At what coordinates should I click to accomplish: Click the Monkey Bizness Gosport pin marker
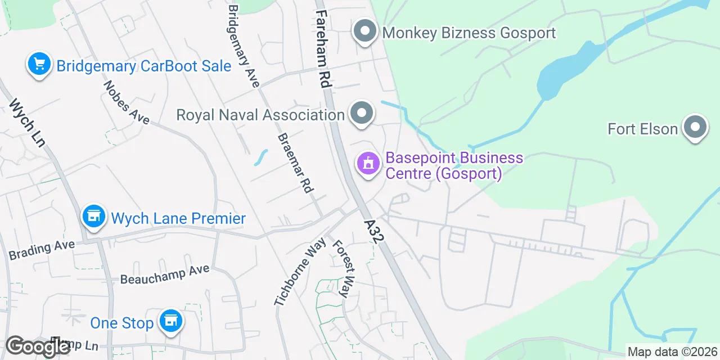(x=365, y=31)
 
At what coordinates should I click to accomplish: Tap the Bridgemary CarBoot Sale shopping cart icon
(x=39, y=64)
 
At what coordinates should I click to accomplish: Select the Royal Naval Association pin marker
(x=362, y=114)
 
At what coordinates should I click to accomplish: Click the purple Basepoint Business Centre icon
(x=368, y=164)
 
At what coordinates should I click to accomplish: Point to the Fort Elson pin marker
(x=695, y=128)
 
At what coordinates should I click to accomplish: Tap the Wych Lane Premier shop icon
(x=93, y=217)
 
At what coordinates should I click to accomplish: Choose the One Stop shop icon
(x=170, y=321)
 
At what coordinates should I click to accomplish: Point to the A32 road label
(x=373, y=231)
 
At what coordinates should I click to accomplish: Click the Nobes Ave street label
(x=126, y=102)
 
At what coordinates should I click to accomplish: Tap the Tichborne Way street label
(x=300, y=272)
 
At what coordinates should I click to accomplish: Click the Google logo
(x=38, y=347)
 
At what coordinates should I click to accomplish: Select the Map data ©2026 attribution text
(x=672, y=352)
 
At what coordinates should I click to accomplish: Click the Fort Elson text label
(x=642, y=129)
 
